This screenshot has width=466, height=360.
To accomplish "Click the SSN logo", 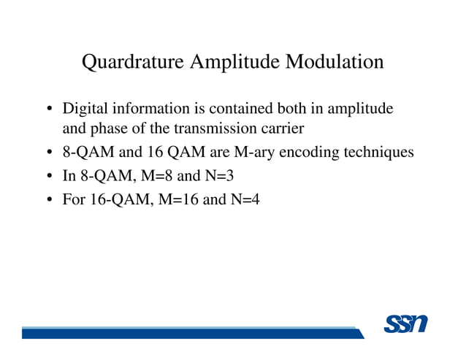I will point(405,324).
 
